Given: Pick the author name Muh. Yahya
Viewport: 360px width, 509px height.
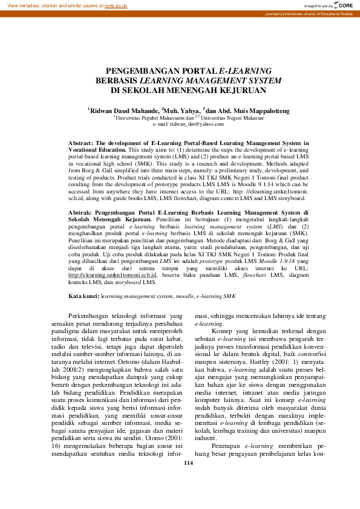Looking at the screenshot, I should (x=182, y=111).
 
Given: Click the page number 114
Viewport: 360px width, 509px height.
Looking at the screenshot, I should (x=180, y=497).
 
